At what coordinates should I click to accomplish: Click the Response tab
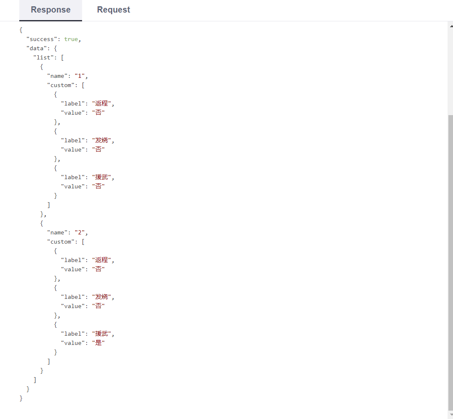pos(51,10)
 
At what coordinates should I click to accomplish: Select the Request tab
pos(113,10)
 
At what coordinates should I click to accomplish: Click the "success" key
pos(41,39)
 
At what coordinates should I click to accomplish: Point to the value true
pos(71,39)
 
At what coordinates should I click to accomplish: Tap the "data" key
pos(36,48)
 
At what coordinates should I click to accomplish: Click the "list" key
pos(43,57)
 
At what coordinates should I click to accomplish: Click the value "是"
pos(98,343)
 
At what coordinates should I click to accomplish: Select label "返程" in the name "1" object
pos(102,103)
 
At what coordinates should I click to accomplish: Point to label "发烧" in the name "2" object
pos(102,297)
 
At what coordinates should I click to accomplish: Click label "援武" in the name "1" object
pos(102,177)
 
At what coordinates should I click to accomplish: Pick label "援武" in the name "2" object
pos(102,334)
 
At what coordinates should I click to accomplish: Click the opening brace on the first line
pos(21,30)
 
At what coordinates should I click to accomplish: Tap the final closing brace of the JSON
pos(21,398)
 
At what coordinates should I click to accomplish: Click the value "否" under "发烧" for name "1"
pos(98,149)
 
